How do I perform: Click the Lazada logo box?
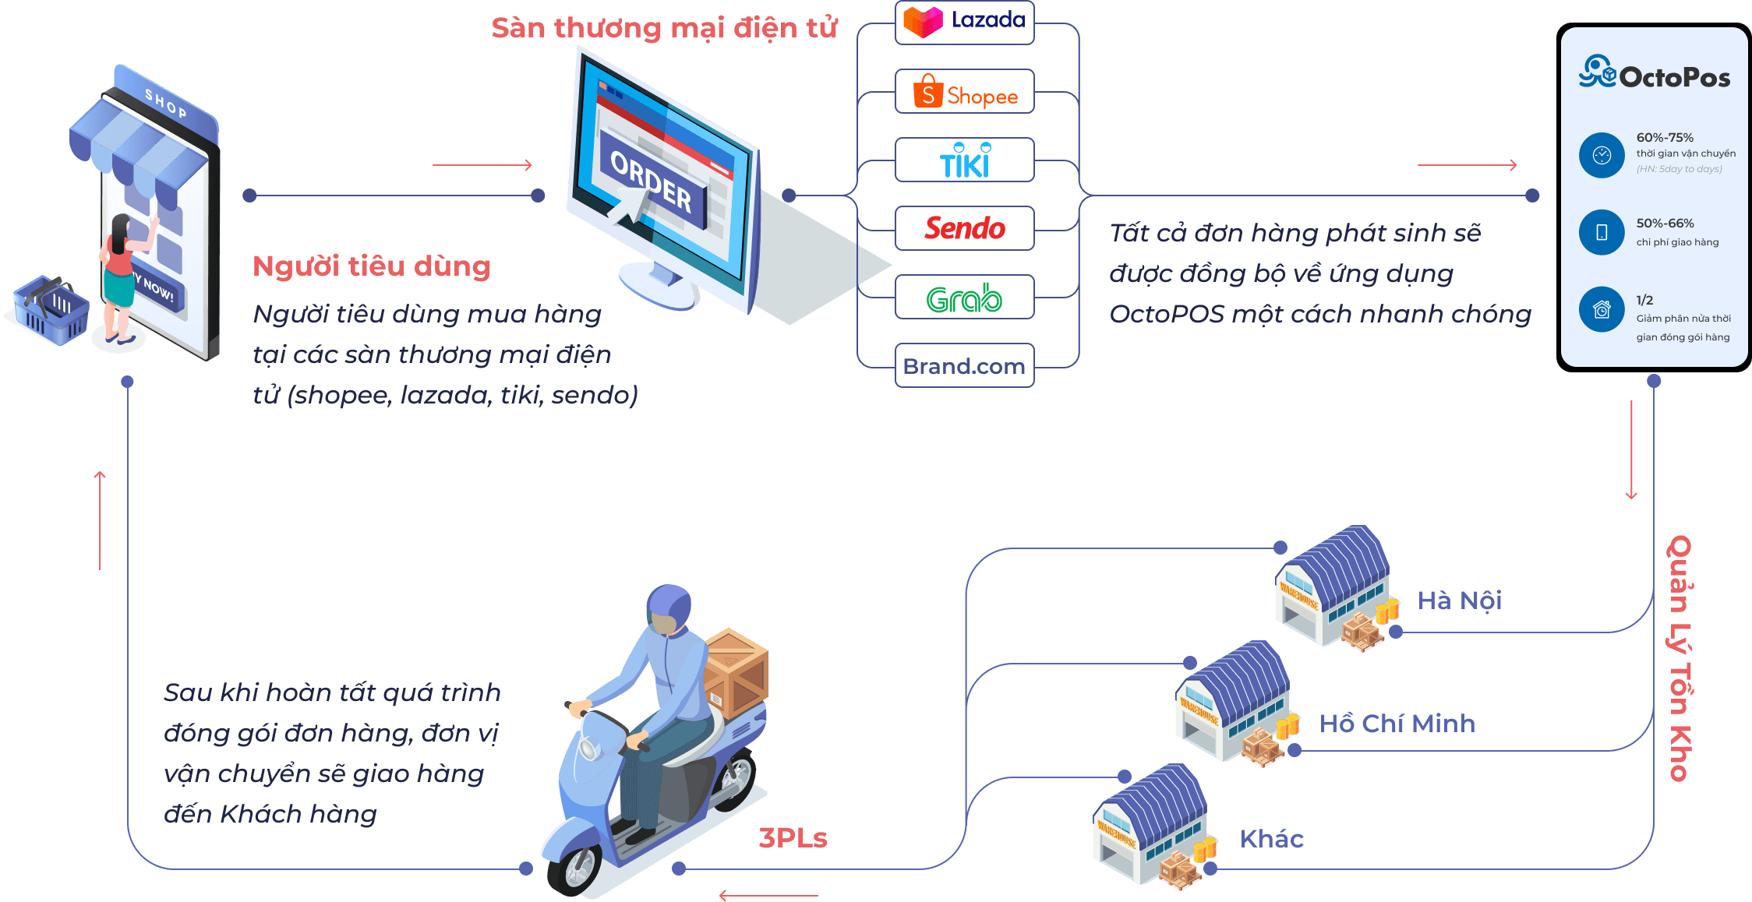[964, 22]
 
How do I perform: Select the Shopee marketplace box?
[964, 92]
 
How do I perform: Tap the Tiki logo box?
[964, 160]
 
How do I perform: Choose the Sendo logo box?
[964, 228]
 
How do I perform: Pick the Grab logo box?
[964, 298]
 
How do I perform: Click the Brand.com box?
[964, 365]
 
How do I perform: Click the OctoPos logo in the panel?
[1654, 74]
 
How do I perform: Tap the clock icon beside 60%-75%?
[1601, 155]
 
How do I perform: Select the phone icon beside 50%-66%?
[1601, 232]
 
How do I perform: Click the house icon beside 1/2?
[1601, 309]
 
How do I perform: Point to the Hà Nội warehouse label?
[1459, 601]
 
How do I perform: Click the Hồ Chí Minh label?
[1397, 724]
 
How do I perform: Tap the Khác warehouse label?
[1271, 839]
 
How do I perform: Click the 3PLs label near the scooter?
[793, 838]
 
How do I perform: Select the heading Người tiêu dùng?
[372, 266]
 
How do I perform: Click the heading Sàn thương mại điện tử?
[664, 28]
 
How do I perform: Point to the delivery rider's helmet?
[669, 604]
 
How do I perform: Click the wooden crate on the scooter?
[736, 670]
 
